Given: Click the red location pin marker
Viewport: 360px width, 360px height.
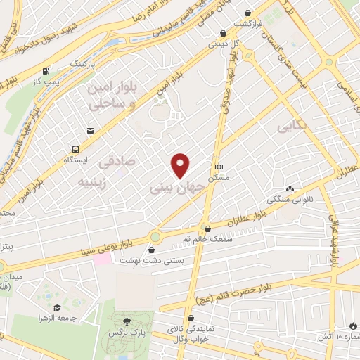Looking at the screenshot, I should (181, 165).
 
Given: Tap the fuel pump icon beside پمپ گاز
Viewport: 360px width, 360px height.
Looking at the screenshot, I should (46, 71).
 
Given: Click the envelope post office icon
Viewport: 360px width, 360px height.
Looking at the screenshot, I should (90, 130).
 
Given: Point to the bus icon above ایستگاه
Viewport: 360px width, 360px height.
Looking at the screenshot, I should (75, 149).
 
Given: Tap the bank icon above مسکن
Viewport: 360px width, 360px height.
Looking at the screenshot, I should (219, 167).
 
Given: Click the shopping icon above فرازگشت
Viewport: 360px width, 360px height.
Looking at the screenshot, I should (247, 13).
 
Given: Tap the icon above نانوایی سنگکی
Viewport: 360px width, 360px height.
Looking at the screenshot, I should (289, 188).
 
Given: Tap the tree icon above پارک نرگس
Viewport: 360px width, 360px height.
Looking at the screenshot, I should (127, 320).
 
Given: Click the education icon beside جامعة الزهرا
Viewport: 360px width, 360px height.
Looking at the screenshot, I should (56, 307).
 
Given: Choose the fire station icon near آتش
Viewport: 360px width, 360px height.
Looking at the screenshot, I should (352, 326).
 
